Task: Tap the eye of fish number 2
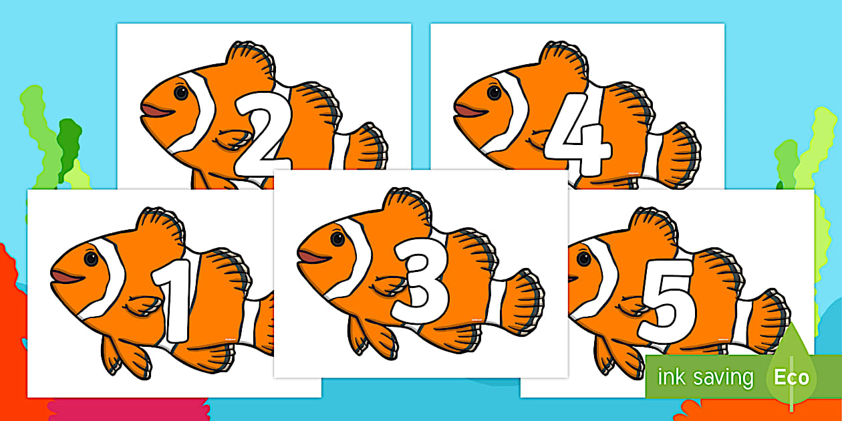(181, 93)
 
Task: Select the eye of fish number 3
(338, 239)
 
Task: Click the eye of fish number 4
(495, 92)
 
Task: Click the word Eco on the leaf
(791, 378)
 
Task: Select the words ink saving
(704, 378)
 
